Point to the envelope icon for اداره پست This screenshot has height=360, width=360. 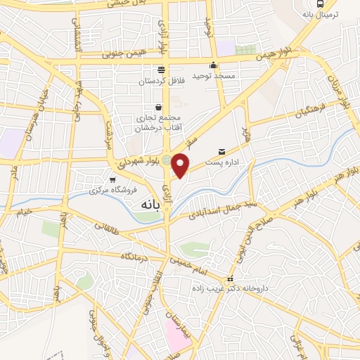point(222,151)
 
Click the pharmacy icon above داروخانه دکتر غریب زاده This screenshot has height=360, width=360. point(229,278)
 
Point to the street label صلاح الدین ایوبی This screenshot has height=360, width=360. point(245,236)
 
